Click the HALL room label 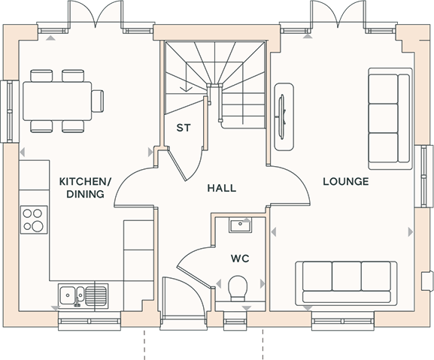click(222, 188)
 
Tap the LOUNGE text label click(346, 181)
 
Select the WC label click(240, 259)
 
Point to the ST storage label click(184, 128)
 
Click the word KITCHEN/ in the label click(85, 182)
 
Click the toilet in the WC click(238, 288)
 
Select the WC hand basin click(240, 225)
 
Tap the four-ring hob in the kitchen click(34, 219)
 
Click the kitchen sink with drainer click(83, 295)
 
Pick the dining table click(57, 101)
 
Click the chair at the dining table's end click(98, 101)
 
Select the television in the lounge click(282, 116)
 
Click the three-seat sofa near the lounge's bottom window click(346, 283)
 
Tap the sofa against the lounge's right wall click(390, 119)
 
